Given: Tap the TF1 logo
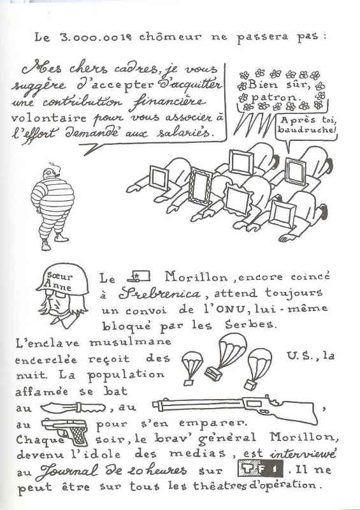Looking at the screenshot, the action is (x=260, y=469).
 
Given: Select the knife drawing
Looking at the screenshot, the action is (x=73, y=407).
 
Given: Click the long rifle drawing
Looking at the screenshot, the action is (x=236, y=409).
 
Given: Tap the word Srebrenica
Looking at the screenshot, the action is (x=159, y=294).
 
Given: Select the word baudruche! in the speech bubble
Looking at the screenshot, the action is (x=306, y=130).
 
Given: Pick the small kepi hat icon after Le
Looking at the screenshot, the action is (x=138, y=277).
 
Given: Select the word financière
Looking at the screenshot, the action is (x=168, y=103).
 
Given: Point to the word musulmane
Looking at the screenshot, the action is (x=130, y=342).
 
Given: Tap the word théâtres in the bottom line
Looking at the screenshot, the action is (x=220, y=486).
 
